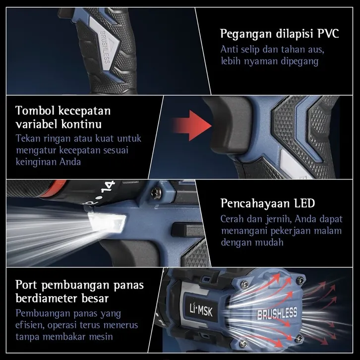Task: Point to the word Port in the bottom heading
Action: [x=26, y=285]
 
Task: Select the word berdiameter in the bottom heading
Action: [x=46, y=299]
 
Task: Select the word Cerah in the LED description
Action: [x=233, y=219]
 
